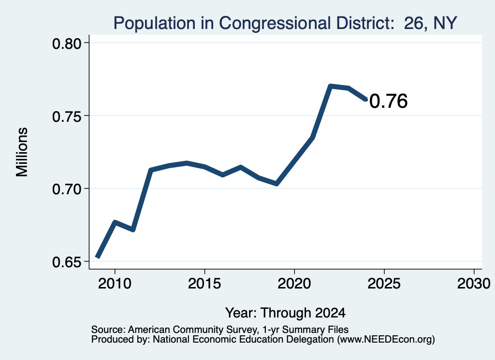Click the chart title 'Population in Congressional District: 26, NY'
coord(285,23)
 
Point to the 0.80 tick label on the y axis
coord(67,44)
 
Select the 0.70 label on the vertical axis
coord(67,189)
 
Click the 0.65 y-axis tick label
coord(67,262)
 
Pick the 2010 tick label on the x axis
coord(115,284)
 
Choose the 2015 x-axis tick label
coord(204,284)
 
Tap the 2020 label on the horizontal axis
coord(294,284)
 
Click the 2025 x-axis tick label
coord(384,284)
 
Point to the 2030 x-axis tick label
coord(474,284)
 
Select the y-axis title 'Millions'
coord(22,152)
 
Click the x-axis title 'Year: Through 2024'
coord(285,313)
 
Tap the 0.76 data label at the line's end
coord(388,101)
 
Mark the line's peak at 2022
coord(330,86)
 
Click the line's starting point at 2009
coord(98,258)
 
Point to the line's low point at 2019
coord(277,184)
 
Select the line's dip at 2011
coord(133,230)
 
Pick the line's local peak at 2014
coord(187,163)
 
